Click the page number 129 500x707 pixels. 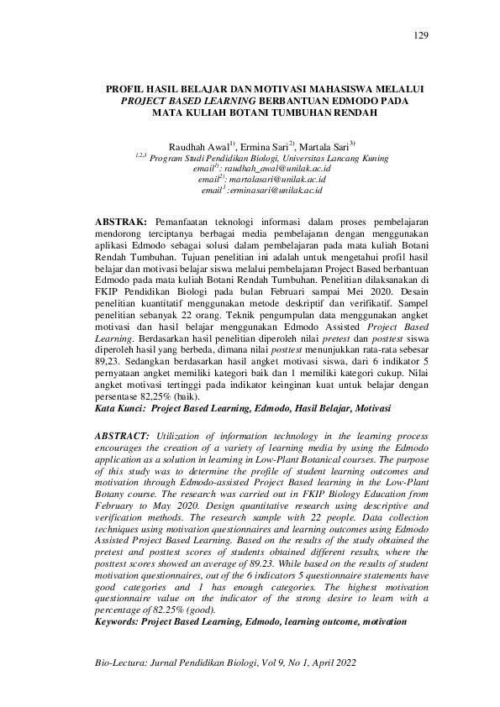click(422, 34)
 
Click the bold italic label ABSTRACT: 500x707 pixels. click(123, 437)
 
